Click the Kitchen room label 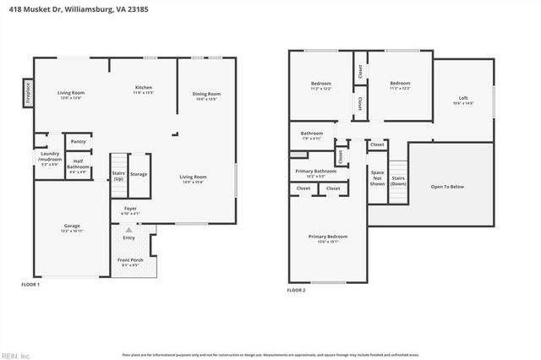[x=144, y=88]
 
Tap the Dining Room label [x=205, y=94]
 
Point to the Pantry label [x=78, y=141]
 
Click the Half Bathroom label [x=78, y=165]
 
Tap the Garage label [x=72, y=226]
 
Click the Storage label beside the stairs [x=138, y=174]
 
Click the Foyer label [x=130, y=208]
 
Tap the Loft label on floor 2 [x=462, y=97]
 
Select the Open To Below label [x=450, y=187]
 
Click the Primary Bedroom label [x=326, y=237]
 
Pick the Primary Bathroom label [x=315, y=171]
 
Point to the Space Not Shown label [x=377, y=177]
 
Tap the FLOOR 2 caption [x=296, y=290]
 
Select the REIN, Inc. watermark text [x=15, y=355]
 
